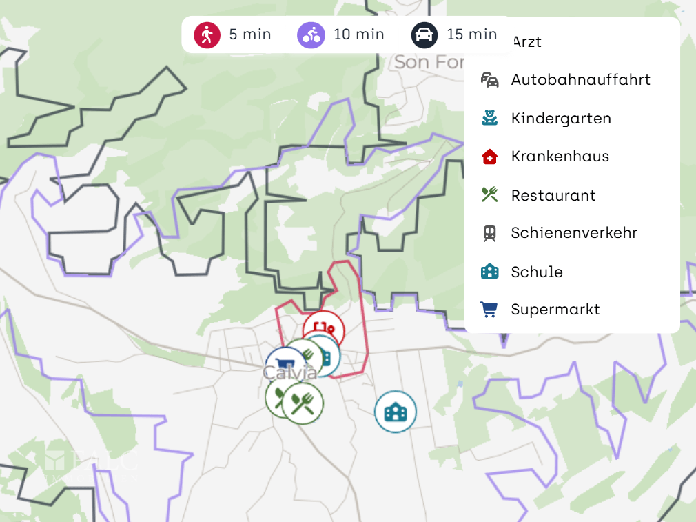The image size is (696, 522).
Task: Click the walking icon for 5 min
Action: click(x=207, y=34)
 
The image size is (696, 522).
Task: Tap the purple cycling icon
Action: click(x=311, y=34)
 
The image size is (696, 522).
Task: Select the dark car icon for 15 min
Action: click(x=424, y=34)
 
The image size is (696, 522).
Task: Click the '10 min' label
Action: click(x=359, y=34)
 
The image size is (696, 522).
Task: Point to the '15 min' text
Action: click(x=472, y=34)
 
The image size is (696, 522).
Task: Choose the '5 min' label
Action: click(x=250, y=34)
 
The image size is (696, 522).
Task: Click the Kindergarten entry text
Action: click(x=561, y=119)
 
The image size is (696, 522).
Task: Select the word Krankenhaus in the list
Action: click(x=560, y=157)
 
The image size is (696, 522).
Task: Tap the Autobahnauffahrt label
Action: click(x=581, y=80)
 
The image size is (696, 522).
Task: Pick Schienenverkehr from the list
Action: click(x=574, y=233)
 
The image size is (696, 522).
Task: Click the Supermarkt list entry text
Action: click(x=555, y=310)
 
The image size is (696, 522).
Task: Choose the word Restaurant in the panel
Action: click(x=553, y=196)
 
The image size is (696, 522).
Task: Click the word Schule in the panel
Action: click(x=537, y=272)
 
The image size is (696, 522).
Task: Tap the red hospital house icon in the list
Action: click(x=489, y=157)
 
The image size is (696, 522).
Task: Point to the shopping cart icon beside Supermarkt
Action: click(x=489, y=310)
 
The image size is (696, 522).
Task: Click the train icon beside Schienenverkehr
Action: click(x=489, y=234)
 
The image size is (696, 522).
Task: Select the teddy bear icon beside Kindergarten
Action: click(x=489, y=119)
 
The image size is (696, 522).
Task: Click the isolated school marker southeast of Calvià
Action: click(x=396, y=412)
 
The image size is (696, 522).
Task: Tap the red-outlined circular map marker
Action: click(x=324, y=328)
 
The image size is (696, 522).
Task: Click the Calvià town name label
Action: click(x=290, y=373)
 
